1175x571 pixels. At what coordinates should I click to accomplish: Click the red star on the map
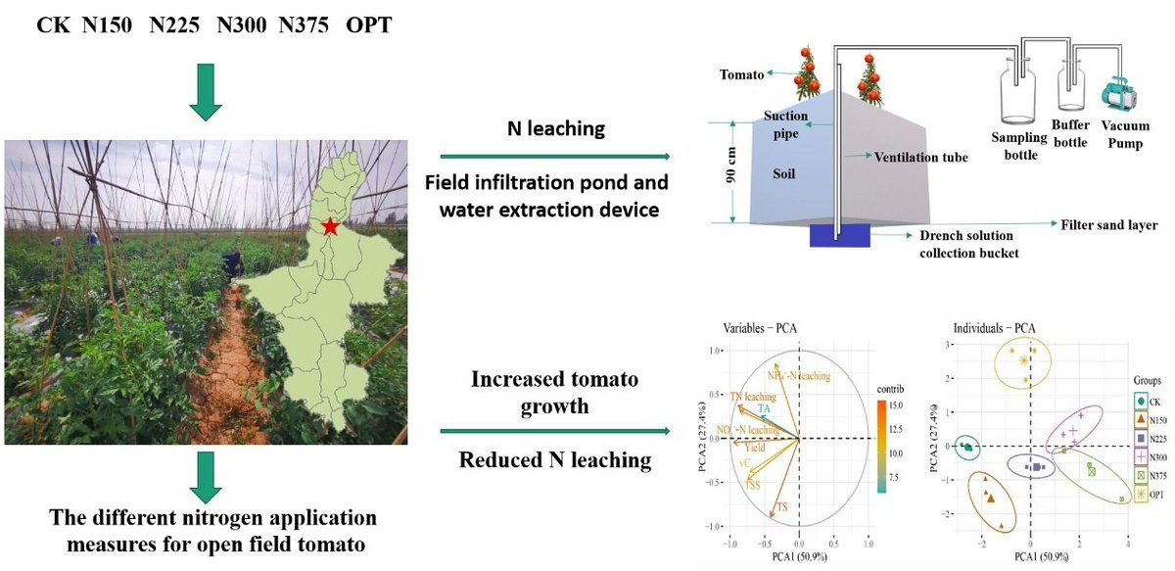(x=331, y=227)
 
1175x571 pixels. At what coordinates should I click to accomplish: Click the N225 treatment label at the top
(x=171, y=24)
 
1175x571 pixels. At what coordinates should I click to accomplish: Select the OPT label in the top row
(x=368, y=24)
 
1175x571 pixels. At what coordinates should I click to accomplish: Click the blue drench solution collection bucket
(x=841, y=236)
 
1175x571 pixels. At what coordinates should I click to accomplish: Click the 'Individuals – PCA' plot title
(x=994, y=327)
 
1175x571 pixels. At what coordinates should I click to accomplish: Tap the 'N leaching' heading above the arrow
(x=554, y=129)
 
